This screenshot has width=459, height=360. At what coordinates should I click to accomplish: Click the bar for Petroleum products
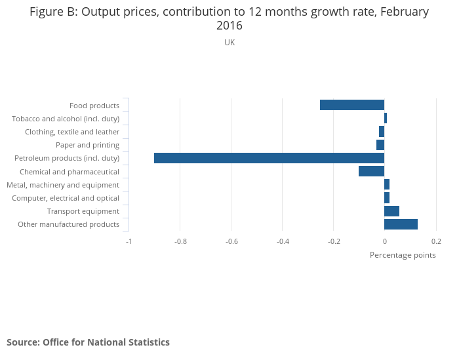269,158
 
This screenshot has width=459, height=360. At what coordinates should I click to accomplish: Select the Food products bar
352,105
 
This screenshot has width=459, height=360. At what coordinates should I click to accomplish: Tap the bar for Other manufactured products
401,224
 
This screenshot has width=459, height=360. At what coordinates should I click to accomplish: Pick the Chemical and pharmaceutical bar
371,171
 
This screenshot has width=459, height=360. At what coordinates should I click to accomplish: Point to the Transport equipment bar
391,211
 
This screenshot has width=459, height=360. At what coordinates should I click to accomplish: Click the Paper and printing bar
380,145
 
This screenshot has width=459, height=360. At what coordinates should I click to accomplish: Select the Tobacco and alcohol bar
386,118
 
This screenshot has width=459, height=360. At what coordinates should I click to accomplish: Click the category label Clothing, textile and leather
72,132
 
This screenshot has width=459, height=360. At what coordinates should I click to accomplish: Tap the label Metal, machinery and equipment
63,185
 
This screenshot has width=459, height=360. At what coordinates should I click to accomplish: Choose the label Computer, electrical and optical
66,198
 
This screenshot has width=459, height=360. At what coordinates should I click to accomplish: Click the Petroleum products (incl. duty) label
67,158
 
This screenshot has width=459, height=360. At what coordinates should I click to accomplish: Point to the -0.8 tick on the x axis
180,241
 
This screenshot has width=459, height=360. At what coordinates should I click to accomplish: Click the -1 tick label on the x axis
129,241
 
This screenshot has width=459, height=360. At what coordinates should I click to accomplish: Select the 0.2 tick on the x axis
436,241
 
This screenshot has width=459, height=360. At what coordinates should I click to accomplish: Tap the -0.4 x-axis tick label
283,241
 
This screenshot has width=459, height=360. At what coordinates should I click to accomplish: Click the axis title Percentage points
403,254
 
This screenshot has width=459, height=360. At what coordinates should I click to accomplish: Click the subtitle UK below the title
229,43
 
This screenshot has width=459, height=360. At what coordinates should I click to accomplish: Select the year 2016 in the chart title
229,26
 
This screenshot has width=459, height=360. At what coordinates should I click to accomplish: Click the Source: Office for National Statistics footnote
88,342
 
